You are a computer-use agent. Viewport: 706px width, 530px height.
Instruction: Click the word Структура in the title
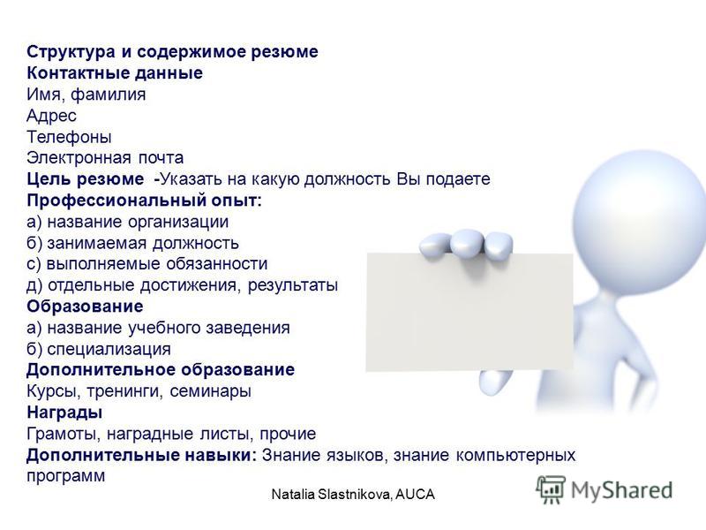pyautogui.click(x=71, y=52)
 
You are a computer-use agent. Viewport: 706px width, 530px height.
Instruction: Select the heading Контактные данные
pyautogui.click(x=115, y=73)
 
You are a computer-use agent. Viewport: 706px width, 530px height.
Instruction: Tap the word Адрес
pyautogui.click(x=51, y=116)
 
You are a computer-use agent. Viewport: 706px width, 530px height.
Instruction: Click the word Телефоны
pyautogui.click(x=69, y=137)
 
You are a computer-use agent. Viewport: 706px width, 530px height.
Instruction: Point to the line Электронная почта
pyautogui.click(x=105, y=158)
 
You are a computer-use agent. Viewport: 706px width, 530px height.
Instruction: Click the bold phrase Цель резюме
pyautogui.click(x=86, y=179)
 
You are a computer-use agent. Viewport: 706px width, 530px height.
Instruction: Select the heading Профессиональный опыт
pyautogui.click(x=144, y=201)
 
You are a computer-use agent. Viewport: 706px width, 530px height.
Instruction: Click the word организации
pyautogui.click(x=179, y=222)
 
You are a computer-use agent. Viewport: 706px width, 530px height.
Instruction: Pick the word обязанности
pyautogui.click(x=216, y=263)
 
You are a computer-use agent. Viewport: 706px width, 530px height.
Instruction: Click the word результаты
pyautogui.click(x=293, y=285)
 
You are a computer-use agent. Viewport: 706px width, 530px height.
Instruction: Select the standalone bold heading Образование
pyautogui.click(x=85, y=307)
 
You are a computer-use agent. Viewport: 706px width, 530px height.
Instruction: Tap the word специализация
pyautogui.click(x=109, y=349)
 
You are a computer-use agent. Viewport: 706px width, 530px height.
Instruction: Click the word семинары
pyautogui.click(x=210, y=391)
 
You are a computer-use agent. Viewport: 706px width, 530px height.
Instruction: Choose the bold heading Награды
pyautogui.click(x=64, y=413)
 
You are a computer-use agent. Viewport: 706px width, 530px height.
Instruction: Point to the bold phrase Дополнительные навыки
pyautogui.click(x=141, y=455)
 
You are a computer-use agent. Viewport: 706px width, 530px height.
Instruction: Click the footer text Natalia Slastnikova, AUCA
pyautogui.click(x=353, y=495)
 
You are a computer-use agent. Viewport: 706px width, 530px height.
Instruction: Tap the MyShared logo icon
pyautogui.click(x=551, y=489)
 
